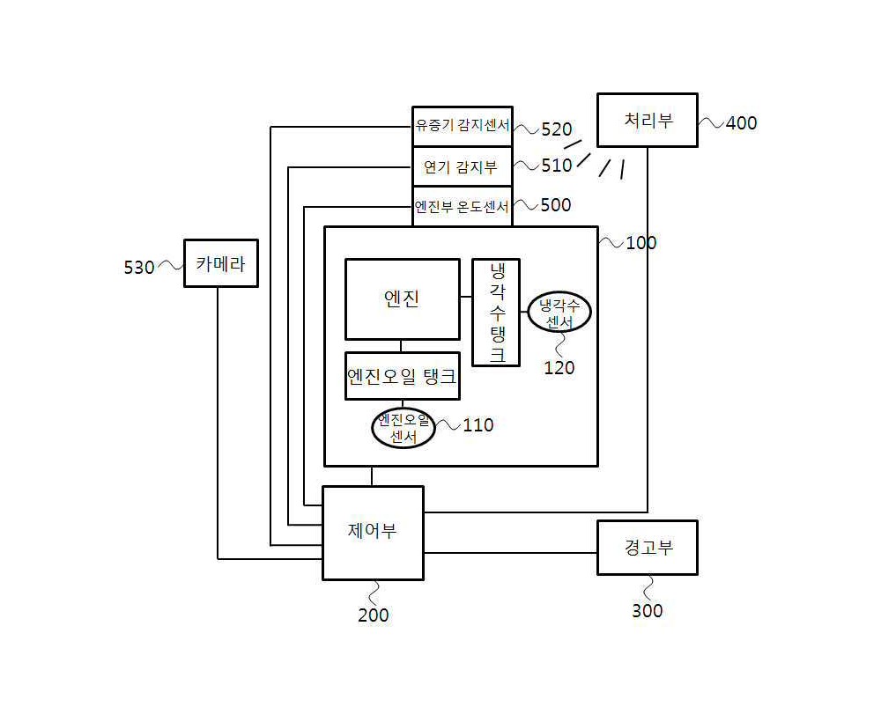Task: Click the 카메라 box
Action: tap(221, 263)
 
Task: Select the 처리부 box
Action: tap(648, 120)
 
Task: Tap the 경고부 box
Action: tap(648, 548)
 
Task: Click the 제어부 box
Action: tap(373, 533)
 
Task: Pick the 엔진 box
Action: tap(403, 299)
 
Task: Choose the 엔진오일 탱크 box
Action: tap(403, 376)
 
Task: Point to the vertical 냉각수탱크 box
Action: tap(495, 313)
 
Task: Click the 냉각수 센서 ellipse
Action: tap(559, 313)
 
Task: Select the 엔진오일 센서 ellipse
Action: tap(403, 428)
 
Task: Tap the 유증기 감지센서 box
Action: tap(463, 126)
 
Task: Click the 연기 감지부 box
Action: tap(463, 166)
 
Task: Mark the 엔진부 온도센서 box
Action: tap(463, 207)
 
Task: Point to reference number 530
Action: tap(139, 268)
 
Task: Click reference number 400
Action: tap(741, 123)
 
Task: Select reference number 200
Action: tap(373, 615)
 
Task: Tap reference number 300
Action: tap(648, 611)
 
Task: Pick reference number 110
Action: tap(478, 425)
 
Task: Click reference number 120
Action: tap(559, 368)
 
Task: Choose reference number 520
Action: tap(556, 129)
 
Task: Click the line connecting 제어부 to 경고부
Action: tap(510, 553)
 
